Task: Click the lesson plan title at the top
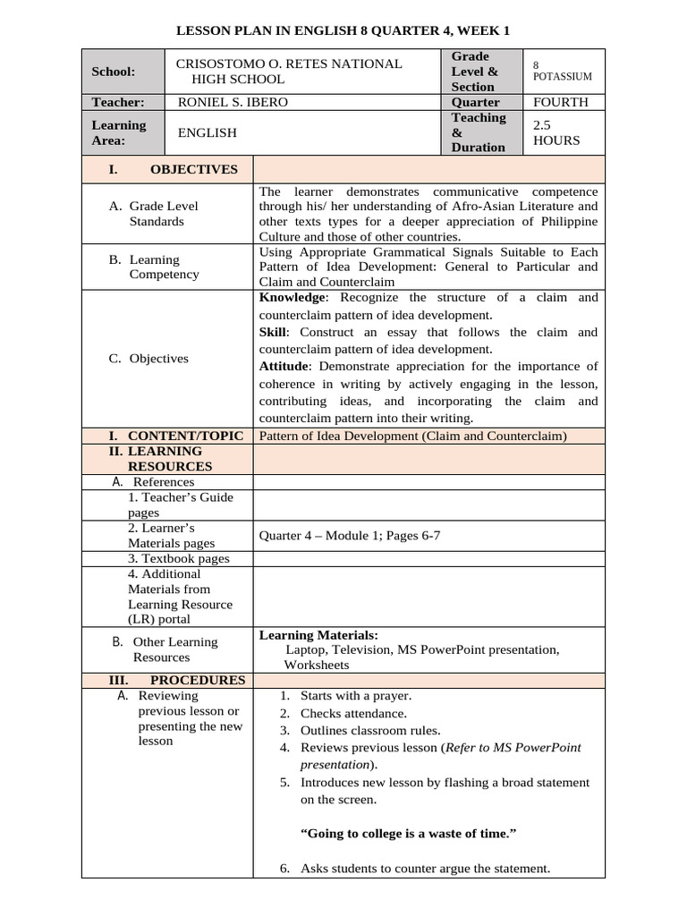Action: pos(343,30)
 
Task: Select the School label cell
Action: pos(114,72)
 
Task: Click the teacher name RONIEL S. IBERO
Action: pos(233,102)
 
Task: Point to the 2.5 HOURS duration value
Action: pos(556,132)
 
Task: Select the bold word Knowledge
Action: pos(293,298)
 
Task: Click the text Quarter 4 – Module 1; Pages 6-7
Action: pos(350,536)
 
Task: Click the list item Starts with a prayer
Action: pos(356,695)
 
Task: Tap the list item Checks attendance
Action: pos(353,713)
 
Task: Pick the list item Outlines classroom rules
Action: pos(368,730)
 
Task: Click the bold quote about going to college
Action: pos(408,833)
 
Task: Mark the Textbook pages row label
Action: pos(178,558)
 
